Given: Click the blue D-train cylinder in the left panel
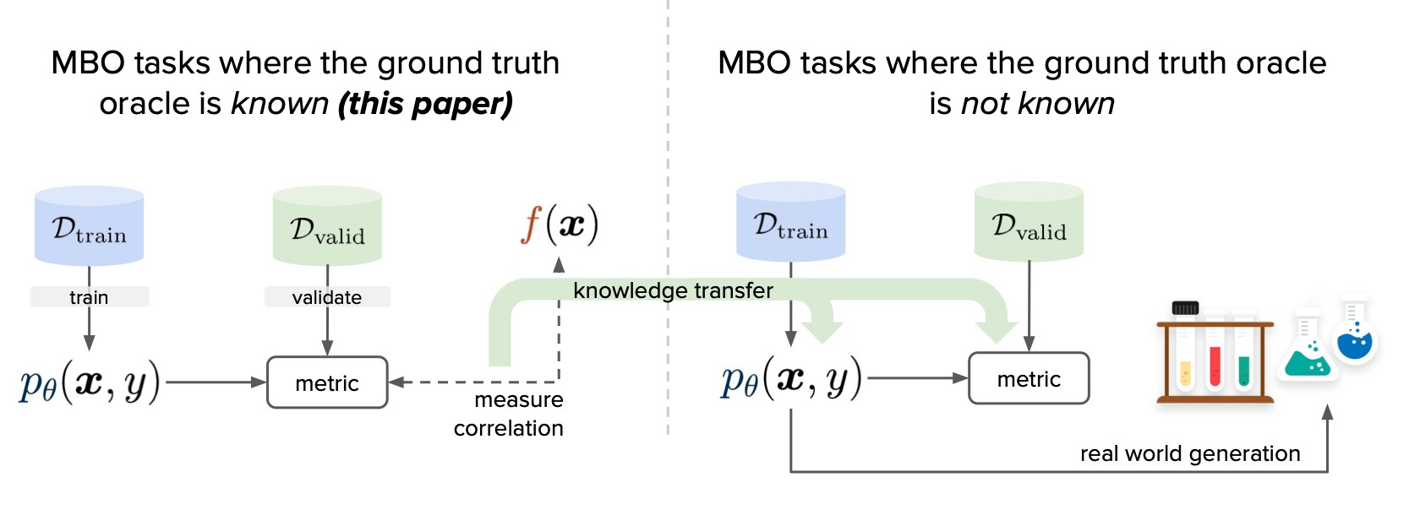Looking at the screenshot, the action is pyautogui.click(x=89, y=226).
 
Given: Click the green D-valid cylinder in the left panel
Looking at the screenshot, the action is pyautogui.click(x=327, y=226).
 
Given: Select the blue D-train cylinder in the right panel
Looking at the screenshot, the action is pyautogui.click(x=790, y=222).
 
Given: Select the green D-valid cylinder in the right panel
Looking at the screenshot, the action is pyautogui.click(x=1029, y=222).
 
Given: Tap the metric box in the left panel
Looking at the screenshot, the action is pyautogui.click(x=327, y=383).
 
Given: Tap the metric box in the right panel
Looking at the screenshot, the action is pyautogui.click(x=1029, y=379).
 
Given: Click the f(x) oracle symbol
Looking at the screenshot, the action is pyautogui.click(x=560, y=225).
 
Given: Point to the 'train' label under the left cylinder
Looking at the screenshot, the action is pyautogui.click(x=89, y=297).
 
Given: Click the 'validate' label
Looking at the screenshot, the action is pyautogui.click(x=327, y=297).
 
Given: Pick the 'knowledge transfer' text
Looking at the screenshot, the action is pyautogui.click(x=673, y=290).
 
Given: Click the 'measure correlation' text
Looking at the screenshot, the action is pyautogui.click(x=510, y=414).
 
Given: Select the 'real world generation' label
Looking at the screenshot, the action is pyautogui.click(x=1190, y=453).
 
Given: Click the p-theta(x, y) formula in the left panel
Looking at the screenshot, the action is pyautogui.click(x=90, y=383).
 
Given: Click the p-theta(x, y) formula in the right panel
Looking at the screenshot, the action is pyautogui.click(x=791, y=379).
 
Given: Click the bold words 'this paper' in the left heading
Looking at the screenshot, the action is pyautogui.click(x=425, y=104).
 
